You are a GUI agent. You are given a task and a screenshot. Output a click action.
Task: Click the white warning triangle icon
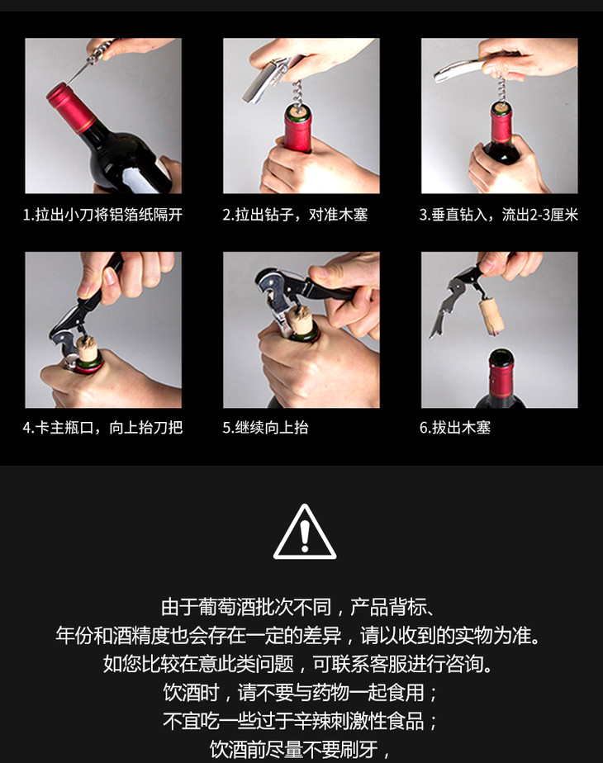click(x=305, y=533)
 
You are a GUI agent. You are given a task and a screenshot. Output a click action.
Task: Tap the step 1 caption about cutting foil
click(x=102, y=215)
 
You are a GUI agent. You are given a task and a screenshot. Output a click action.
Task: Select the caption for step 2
click(x=295, y=215)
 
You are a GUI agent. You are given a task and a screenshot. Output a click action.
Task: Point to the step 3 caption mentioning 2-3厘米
click(x=499, y=215)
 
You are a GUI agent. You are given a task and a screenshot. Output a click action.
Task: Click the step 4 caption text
click(x=102, y=428)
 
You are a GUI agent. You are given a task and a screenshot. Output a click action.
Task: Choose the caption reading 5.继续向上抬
click(x=266, y=428)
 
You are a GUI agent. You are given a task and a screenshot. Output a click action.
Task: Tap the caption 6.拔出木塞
click(x=455, y=428)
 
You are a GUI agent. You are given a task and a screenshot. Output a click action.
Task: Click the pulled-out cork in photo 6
click(x=491, y=317)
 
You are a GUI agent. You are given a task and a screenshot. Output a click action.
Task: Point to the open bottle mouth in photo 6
click(x=501, y=356)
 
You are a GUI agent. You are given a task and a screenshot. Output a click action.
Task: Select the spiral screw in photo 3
click(x=501, y=88)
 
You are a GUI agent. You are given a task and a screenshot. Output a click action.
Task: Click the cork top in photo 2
click(x=297, y=112)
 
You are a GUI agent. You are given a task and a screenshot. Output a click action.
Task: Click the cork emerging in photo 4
click(x=88, y=349)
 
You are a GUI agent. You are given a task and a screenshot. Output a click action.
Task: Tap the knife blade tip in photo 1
click(x=68, y=83)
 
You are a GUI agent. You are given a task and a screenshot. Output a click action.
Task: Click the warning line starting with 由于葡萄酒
click(x=297, y=607)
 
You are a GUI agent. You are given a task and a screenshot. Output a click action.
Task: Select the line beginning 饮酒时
click(x=301, y=692)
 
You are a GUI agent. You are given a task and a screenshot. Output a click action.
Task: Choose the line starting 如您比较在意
click(x=297, y=664)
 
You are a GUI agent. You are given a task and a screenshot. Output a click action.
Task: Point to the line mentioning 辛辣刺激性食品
click(x=301, y=720)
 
